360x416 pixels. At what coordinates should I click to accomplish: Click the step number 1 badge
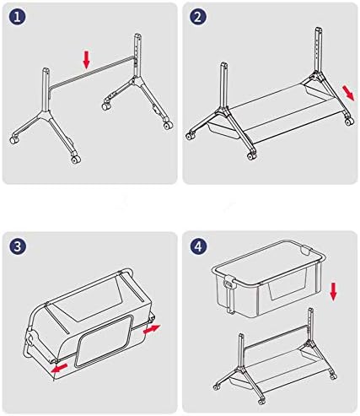coord(17,17)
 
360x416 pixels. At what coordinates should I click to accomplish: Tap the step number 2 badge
coord(198,17)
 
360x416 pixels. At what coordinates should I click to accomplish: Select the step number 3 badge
coord(17,246)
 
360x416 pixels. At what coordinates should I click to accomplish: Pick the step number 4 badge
coord(198,246)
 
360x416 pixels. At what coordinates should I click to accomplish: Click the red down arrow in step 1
coord(86,60)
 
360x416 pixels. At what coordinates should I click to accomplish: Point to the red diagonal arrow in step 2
coord(348,93)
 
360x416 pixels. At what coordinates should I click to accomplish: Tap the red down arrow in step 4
coord(333,292)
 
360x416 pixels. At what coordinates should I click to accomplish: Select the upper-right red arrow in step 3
coord(152,330)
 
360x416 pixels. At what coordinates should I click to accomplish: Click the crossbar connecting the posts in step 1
coord(92,73)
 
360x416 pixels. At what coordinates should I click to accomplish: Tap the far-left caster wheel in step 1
coord(14,140)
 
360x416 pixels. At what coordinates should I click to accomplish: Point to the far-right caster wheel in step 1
coord(168,125)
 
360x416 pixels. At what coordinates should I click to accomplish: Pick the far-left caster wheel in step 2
coord(191,136)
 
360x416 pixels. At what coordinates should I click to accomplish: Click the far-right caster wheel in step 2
coord(349,121)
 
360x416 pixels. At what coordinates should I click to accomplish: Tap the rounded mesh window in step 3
coord(104,341)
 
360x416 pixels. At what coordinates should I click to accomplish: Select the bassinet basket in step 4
coord(268,278)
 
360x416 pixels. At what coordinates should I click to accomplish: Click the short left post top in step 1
coord(46,70)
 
